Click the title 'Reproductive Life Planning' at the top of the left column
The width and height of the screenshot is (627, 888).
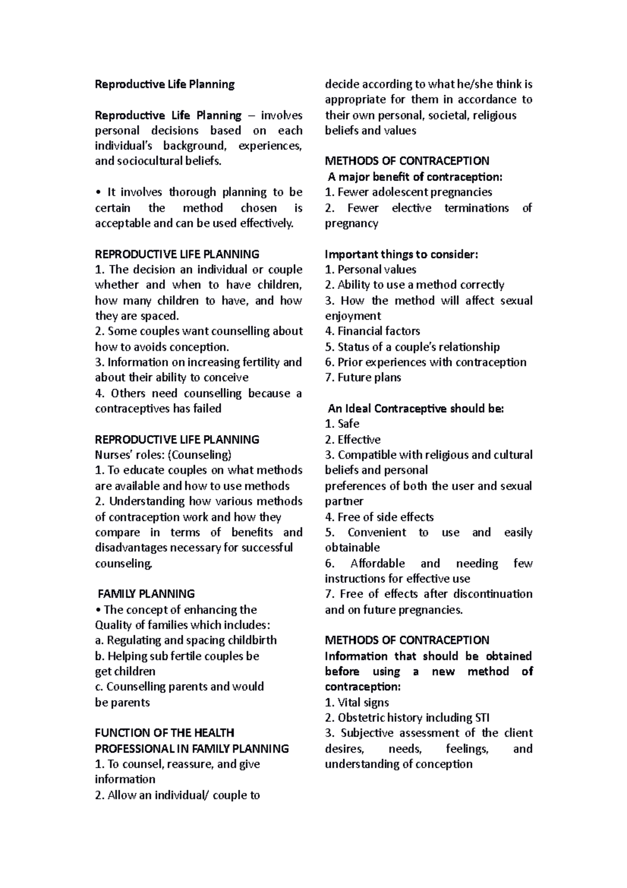165,84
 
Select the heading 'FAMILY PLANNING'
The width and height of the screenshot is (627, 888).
146,594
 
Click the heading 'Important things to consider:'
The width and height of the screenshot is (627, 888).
401,254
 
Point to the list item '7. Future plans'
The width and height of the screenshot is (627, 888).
363,378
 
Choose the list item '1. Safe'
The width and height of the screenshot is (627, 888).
342,424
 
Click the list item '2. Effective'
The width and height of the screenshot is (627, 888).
352,440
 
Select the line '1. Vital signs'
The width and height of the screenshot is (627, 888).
356,703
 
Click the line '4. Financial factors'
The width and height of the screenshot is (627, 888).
372,331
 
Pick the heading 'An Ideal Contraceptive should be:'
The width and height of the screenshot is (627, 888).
415,409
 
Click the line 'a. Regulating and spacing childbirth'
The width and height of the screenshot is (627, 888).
185,641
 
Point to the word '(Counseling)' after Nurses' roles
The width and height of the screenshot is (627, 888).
199,455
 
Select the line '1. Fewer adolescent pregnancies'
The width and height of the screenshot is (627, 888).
408,192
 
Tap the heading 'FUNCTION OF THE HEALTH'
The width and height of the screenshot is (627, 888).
164,733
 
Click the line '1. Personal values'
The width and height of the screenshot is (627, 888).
370,270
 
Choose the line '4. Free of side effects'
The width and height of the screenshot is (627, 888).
379,518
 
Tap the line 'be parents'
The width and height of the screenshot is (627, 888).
122,703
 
